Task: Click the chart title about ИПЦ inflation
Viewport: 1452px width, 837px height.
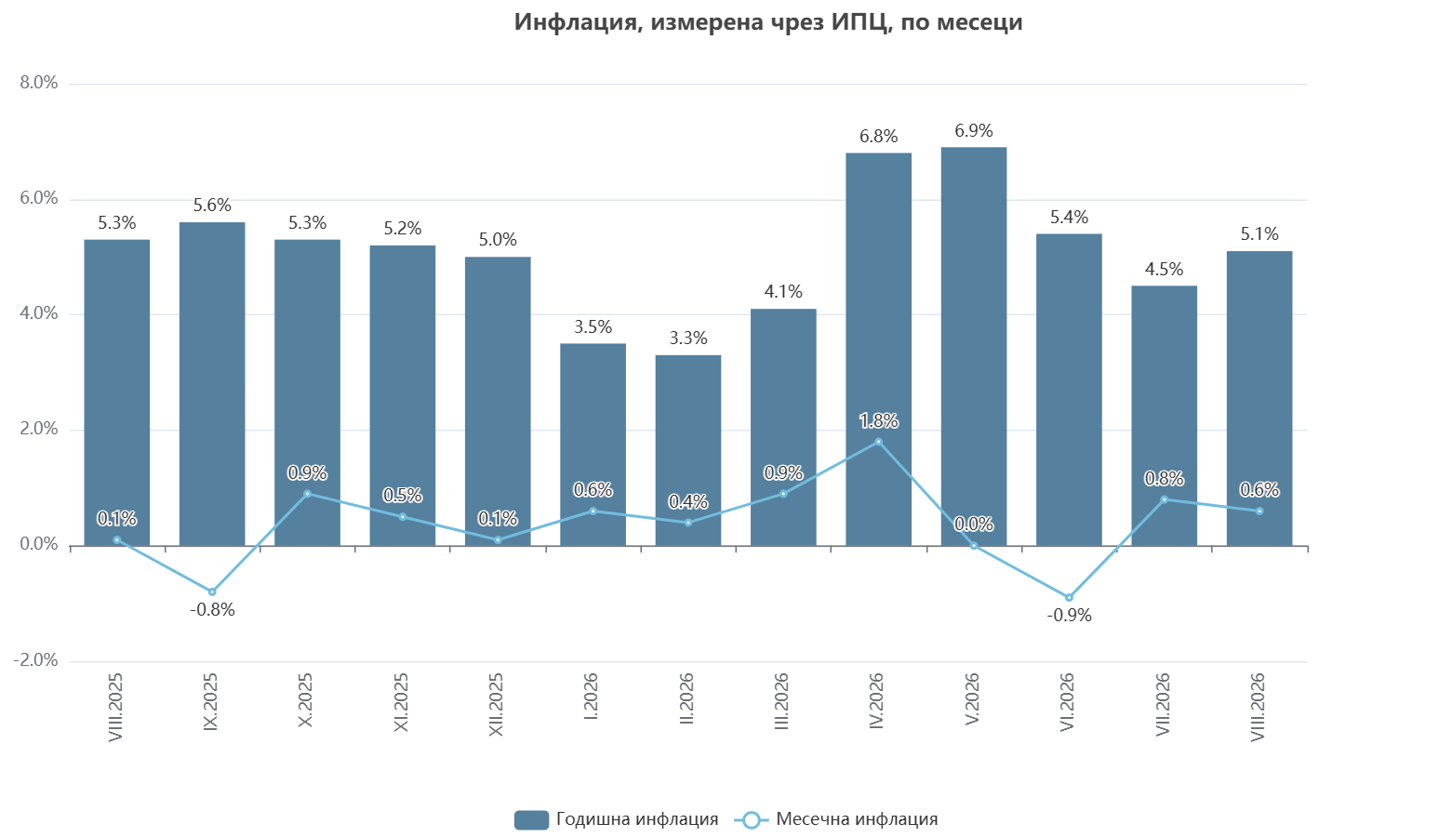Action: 768,22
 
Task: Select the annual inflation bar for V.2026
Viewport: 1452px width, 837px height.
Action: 974,346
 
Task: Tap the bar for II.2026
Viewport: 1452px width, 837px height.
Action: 687,451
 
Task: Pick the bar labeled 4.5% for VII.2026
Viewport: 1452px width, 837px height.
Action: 1165,416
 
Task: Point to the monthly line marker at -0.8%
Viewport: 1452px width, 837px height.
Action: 212,591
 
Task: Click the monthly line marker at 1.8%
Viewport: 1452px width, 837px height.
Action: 878,442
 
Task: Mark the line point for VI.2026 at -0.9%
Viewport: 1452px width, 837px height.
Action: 1069,598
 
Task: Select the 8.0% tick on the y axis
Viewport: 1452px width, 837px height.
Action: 39,83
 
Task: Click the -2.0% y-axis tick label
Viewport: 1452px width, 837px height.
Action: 35,660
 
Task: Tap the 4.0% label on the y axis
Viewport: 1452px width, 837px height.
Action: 39,313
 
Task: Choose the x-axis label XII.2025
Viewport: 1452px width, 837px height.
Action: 496,705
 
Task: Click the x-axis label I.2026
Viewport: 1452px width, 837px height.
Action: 591,697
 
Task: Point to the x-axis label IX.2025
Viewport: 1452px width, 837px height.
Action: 210,702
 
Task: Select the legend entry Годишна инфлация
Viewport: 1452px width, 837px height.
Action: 617,819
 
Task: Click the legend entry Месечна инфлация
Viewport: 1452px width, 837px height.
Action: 836,819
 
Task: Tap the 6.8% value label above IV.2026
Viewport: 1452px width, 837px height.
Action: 878,137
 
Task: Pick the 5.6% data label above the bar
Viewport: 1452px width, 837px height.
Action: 212,206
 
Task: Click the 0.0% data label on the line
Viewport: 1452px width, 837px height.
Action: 974,524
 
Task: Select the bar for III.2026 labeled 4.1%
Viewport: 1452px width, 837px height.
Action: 783,427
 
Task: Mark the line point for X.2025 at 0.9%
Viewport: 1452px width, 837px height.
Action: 307,494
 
